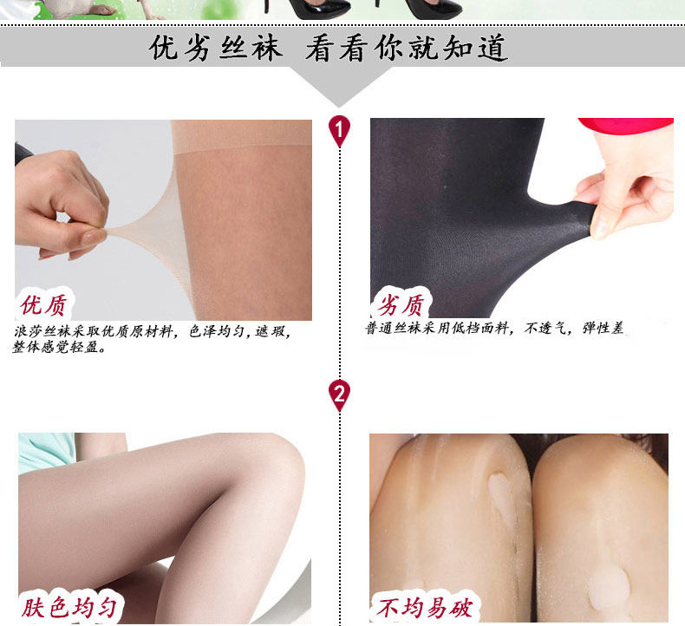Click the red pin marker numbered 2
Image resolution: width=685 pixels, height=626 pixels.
[x=340, y=395]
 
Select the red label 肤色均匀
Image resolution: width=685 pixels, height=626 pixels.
[x=69, y=608]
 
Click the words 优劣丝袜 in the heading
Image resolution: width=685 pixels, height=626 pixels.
[x=216, y=48]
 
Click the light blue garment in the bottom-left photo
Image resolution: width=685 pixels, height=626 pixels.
[x=43, y=451]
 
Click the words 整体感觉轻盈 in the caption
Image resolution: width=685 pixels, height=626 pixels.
[x=61, y=348]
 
